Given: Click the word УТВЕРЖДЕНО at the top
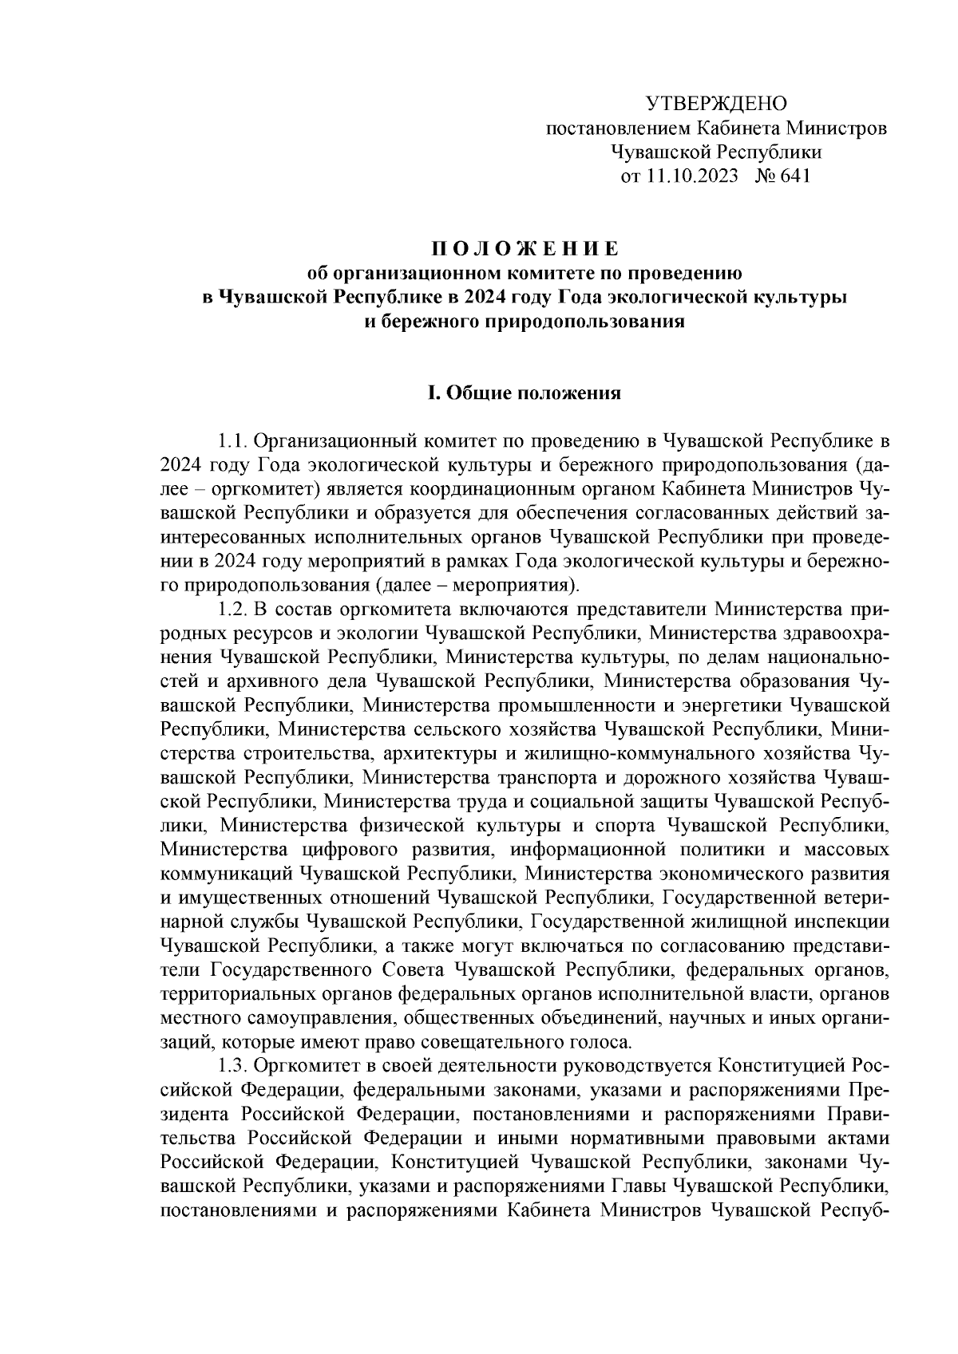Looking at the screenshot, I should click(x=715, y=104).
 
